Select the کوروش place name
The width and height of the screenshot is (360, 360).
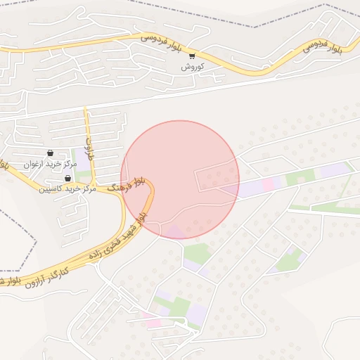[192, 67]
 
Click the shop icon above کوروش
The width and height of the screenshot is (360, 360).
[193, 56]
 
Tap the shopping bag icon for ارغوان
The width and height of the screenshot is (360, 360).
[50, 153]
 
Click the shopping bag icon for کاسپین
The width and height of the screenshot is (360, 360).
[67, 178]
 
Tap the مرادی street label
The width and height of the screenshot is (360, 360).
[89, 148]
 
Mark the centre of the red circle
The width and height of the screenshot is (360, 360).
[180, 179]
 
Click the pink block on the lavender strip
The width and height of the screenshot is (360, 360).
[271, 184]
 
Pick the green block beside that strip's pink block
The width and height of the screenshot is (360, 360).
[292, 179]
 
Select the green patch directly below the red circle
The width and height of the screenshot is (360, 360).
[198, 253]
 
